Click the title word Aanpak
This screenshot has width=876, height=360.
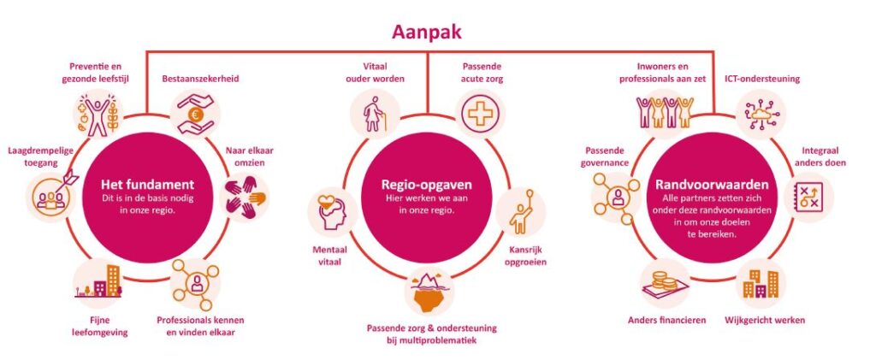point(427,33)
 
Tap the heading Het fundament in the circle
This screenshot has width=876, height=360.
point(148,184)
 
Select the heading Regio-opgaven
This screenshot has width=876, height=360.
point(427,183)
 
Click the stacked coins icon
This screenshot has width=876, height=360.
point(661,283)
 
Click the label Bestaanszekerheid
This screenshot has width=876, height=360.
point(200,79)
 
